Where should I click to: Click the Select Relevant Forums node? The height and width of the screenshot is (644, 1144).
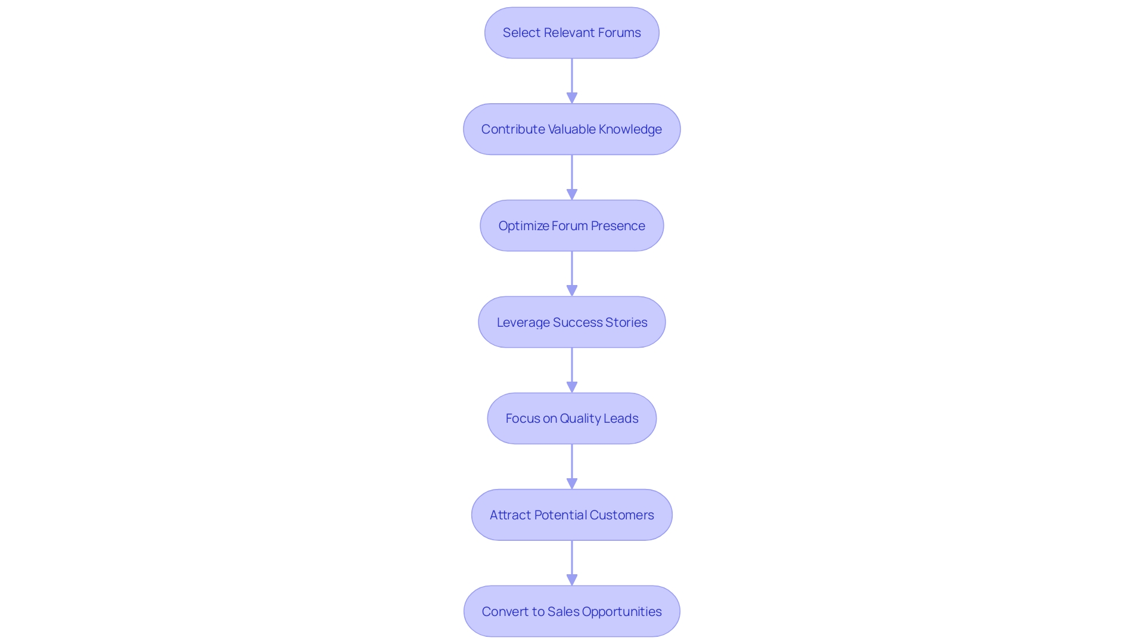[x=571, y=33]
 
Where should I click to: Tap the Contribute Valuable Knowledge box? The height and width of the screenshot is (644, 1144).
[x=571, y=129]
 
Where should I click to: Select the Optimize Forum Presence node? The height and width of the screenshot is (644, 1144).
[x=571, y=226]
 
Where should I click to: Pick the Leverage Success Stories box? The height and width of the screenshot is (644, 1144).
[x=571, y=323]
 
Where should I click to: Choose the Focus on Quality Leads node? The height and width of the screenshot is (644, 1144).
[x=571, y=419]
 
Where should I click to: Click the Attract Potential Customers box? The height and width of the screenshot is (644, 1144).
[x=571, y=515]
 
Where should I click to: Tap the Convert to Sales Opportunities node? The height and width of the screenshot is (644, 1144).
[x=571, y=612]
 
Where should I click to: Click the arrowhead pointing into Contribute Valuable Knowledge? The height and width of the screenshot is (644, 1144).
[x=572, y=98]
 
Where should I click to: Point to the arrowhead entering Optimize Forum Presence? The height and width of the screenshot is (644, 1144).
[x=572, y=194]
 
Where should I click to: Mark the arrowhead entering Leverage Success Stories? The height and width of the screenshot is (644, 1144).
[x=572, y=290]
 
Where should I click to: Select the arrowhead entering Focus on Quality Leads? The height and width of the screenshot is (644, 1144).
[x=572, y=387]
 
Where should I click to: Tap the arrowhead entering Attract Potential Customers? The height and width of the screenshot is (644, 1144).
[x=572, y=484]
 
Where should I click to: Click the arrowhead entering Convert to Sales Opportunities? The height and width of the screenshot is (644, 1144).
[x=572, y=580]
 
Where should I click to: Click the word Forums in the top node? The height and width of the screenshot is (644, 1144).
[x=619, y=33]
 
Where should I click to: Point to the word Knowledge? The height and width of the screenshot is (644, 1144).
[x=630, y=129]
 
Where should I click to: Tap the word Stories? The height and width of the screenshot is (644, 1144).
[x=626, y=323]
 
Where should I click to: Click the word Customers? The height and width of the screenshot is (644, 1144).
[x=621, y=515]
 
